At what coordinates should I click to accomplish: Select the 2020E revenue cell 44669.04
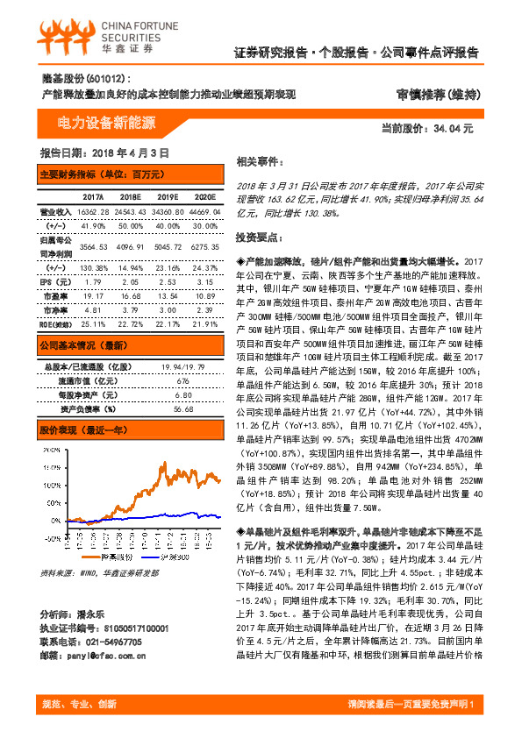[205, 212]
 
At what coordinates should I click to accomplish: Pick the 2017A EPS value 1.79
[92, 283]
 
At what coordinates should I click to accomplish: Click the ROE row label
[54, 324]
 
